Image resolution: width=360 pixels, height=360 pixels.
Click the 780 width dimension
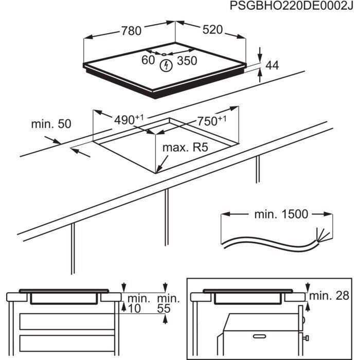coord(131,31)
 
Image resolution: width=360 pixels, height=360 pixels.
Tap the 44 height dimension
coord(272,65)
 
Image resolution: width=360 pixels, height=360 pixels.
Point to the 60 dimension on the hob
coord(148,61)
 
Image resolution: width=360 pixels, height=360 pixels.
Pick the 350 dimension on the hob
coord(187,61)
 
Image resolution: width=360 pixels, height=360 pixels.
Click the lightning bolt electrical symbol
coord(166,65)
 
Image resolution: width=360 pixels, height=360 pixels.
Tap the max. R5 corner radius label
coord(185,148)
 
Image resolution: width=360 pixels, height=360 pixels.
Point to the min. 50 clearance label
coord(51,124)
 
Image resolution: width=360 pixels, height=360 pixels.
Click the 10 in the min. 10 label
coord(135,308)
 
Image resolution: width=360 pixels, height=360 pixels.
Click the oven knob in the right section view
coord(305,337)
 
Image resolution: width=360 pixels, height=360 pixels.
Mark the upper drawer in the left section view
coord(65,322)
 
